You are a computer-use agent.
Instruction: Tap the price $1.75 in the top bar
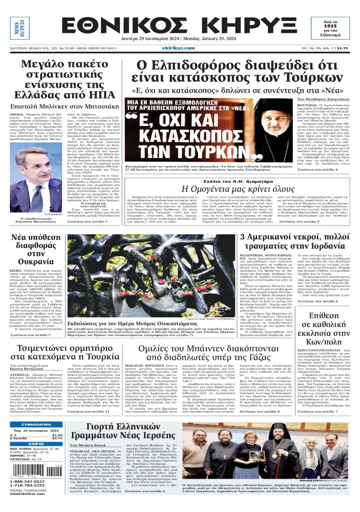click(343, 48)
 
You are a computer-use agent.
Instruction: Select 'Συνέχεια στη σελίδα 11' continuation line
click(88, 412)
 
